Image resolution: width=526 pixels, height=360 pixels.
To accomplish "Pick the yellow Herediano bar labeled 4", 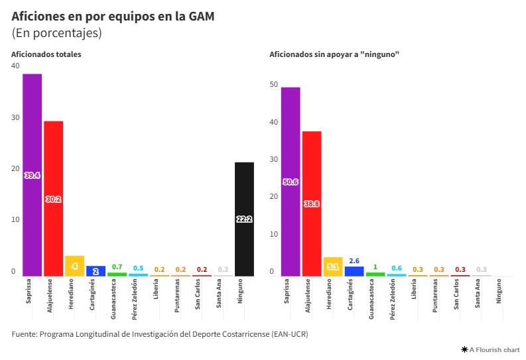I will coord(74,266).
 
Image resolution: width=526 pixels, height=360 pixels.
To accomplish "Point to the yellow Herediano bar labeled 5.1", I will coord(333,267).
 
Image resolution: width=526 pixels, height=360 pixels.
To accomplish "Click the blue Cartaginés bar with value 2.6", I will coord(354,271).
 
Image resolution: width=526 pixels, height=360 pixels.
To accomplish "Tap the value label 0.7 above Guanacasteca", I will coord(117,267).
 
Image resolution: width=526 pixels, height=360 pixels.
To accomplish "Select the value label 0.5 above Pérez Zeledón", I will coord(138,268).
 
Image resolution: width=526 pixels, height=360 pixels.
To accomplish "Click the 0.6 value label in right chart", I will coord(397,268).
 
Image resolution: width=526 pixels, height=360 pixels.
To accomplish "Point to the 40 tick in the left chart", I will coord(16,66).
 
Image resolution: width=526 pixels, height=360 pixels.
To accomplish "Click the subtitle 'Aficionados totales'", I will coord(46,54).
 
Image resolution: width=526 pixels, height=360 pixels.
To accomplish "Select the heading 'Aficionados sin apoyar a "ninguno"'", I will coord(334,54).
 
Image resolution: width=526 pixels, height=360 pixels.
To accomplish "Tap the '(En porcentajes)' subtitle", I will coord(56,32).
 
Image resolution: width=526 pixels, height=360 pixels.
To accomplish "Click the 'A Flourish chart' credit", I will coord(490,349).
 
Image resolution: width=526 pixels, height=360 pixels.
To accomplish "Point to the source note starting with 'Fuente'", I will coord(160,333).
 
